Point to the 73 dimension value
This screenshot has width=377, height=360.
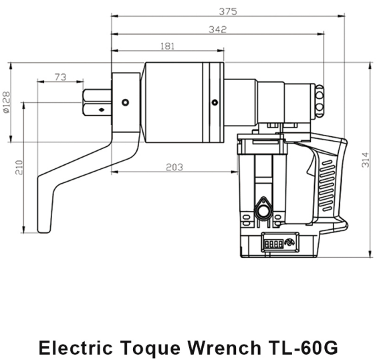click(x=60, y=77)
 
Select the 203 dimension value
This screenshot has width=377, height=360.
click(x=174, y=167)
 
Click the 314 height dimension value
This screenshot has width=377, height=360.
click(x=366, y=159)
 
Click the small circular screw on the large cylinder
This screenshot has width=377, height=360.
click(x=214, y=102)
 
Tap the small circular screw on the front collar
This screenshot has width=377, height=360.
click(x=125, y=102)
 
